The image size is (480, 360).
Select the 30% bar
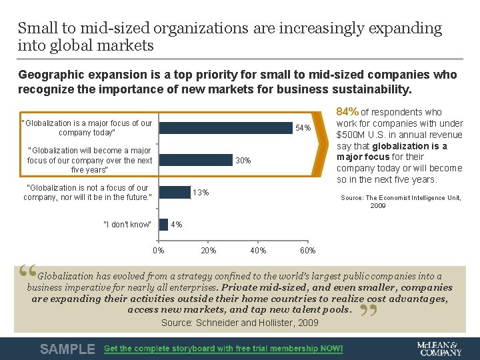(195, 160)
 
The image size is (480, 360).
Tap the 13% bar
(175, 192)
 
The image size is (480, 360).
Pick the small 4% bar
(163, 224)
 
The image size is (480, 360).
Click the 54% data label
(303, 128)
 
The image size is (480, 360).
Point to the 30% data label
(243, 161)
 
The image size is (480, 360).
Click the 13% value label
(200, 193)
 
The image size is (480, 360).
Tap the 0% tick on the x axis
(159, 251)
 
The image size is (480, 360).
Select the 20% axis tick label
(209, 251)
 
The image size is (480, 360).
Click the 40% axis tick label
(258, 251)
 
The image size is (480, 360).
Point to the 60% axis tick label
(308, 251)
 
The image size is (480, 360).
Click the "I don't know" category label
(127, 225)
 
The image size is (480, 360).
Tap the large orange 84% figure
(347, 112)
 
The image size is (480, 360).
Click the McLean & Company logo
(438, 349)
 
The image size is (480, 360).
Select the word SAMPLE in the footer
(67, 349)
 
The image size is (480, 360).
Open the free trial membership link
(223, 349)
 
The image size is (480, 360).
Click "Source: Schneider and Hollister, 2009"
(240, 323)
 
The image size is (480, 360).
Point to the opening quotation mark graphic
(27, 271)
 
